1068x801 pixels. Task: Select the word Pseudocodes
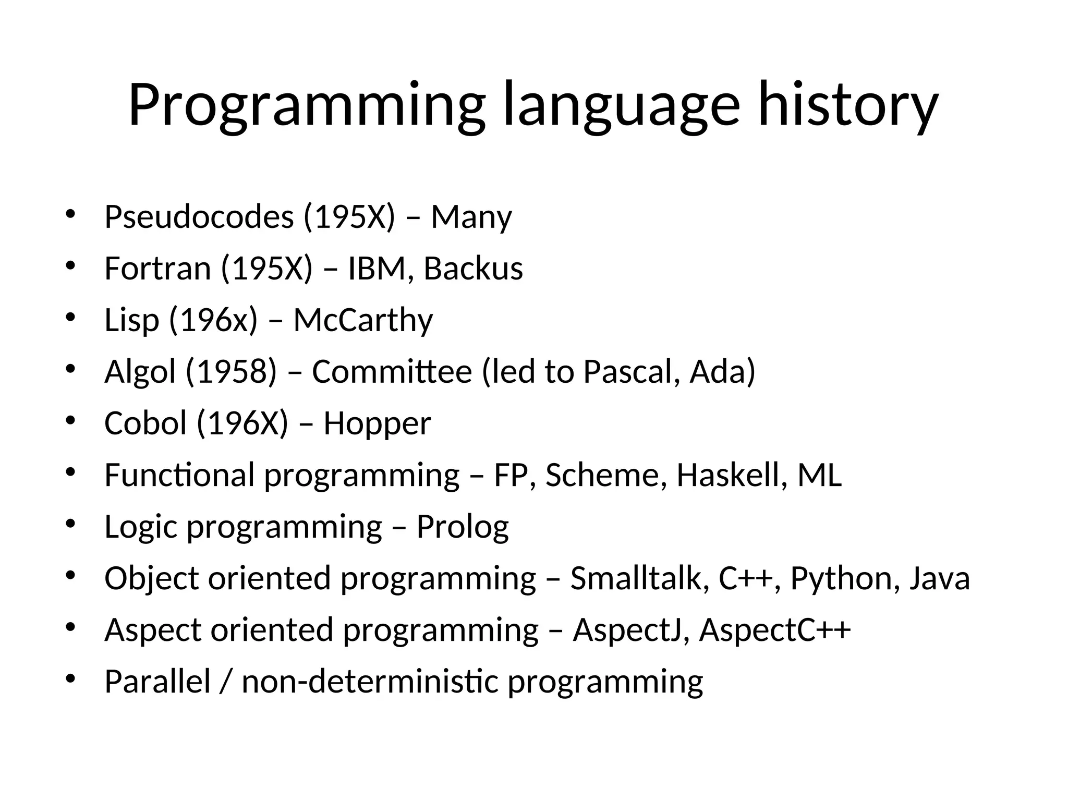[199, 217]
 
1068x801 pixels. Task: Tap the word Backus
[472, 269]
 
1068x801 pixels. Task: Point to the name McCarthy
[363, 320]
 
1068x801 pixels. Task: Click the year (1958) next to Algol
[231, 372]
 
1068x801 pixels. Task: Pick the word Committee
[392, 372]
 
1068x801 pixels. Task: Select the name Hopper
[377, 423]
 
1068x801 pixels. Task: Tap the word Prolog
[462, 527]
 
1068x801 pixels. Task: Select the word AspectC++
[775, 630]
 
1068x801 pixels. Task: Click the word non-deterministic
[370, 682]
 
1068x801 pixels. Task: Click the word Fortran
[157, 269]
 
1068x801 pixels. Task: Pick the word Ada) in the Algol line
[722, 372]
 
